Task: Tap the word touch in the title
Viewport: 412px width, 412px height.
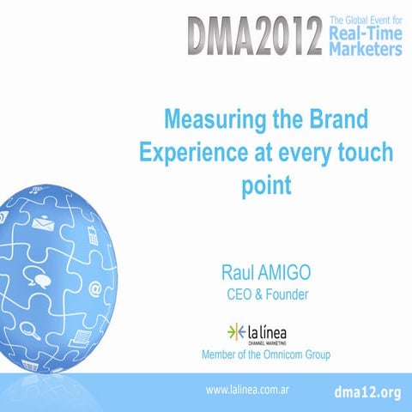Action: [x=363, y=151]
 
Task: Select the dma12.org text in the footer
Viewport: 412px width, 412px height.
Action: [x=367, y=391]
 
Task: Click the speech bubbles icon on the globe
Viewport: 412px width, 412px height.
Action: [x=39, y=277]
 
